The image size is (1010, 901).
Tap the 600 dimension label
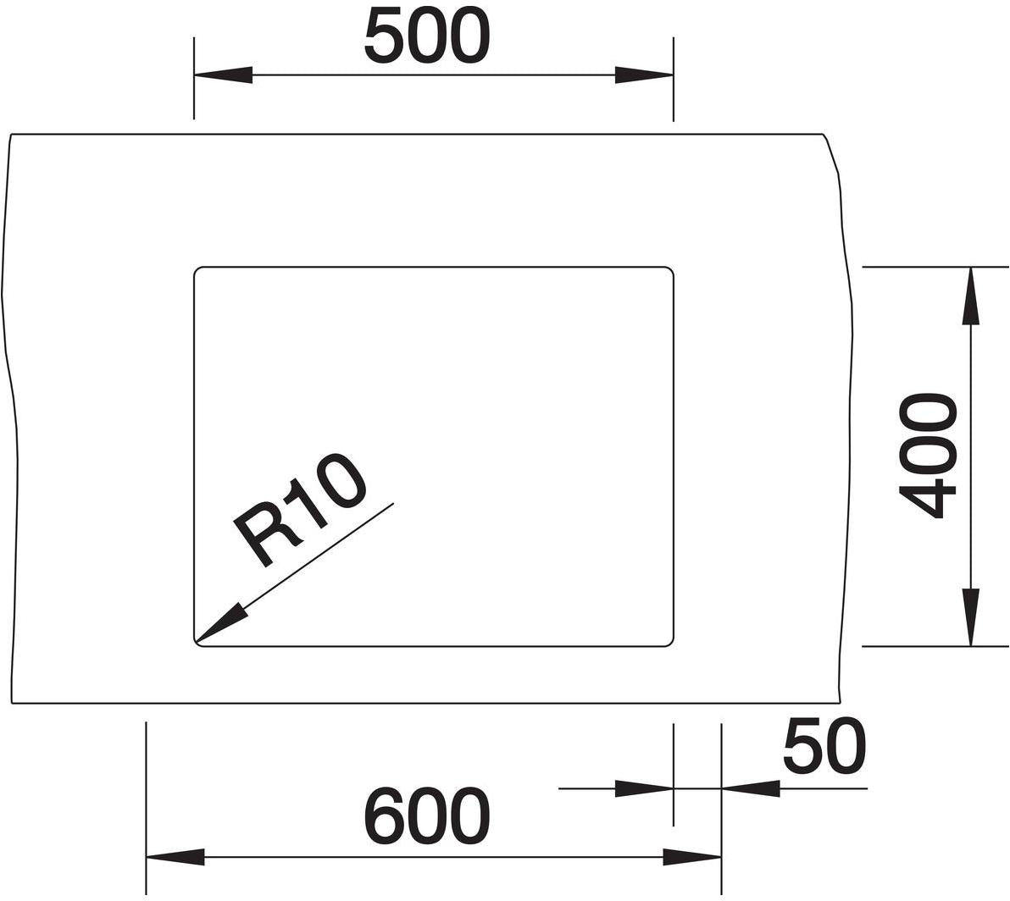point(427,816)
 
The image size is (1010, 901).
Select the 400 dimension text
point(928,456)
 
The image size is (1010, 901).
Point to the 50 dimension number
point(824,747)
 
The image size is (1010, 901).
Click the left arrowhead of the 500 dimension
point(223,75)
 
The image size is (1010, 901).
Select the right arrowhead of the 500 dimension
point(644,75)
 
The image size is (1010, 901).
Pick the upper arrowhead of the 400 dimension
point(971,296)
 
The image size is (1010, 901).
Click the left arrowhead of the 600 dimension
point(176,857)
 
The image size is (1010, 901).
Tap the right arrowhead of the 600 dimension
point(692,857)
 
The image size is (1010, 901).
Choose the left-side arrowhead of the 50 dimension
point(644,788)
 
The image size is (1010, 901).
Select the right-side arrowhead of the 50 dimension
point(751,788)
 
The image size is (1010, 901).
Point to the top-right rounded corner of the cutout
point(670,269)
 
